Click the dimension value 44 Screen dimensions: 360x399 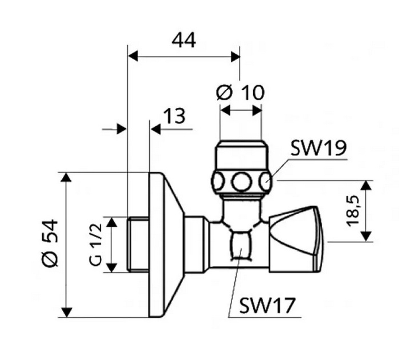[x=184, y=40]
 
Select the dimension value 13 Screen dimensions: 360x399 [x=174, y=116]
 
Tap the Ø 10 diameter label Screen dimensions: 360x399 [x=241, y=92]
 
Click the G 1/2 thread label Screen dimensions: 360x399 [x=97, y=244]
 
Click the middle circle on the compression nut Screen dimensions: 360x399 [x=242, y=181]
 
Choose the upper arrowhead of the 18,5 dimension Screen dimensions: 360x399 [x=366, y=185]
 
